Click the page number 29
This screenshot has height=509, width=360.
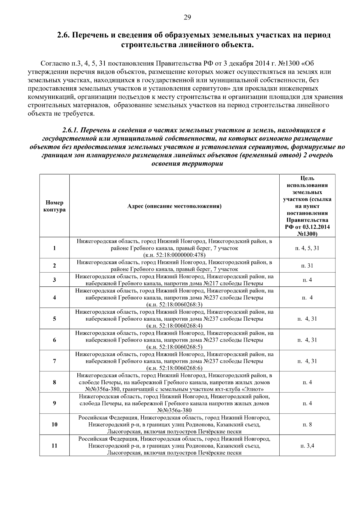click(x=187, y=17)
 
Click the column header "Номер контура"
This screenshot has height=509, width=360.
click(x=54, y=206)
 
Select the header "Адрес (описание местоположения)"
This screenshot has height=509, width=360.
click(x=174, y=206)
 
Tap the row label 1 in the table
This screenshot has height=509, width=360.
click(x=54, y=248)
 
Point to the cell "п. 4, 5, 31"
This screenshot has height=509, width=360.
click(x=307, y=248)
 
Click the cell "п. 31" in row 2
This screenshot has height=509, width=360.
click(x=307, y=265)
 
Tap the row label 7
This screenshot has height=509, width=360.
click(x=54, y=361)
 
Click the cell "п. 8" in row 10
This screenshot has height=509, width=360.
click(x=307, y=424)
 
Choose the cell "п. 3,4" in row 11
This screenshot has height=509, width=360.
click(x=307, y=446)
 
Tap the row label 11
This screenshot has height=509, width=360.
click(x=54, y=446)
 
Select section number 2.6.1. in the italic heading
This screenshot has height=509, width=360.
click(x=70, y=130)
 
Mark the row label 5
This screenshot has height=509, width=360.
click(x=54, y=319)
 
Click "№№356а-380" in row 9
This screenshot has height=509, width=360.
click(x=174, y=410)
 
